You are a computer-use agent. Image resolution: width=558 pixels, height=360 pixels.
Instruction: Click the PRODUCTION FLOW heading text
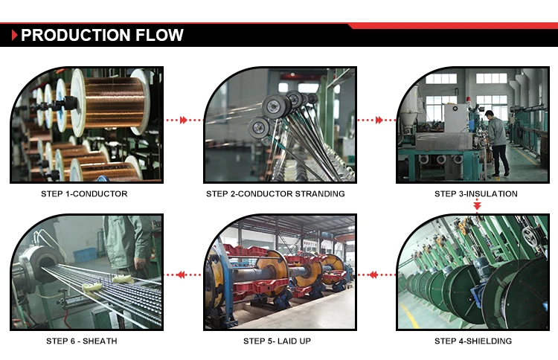[x=102, y=35]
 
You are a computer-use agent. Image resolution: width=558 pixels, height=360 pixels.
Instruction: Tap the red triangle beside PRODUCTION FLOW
[x=15, y=35]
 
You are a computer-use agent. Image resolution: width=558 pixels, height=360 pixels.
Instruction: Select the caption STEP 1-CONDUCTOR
[x=84, y=194]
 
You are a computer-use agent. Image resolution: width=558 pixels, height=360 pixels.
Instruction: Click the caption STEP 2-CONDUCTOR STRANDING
[x=275, y=194]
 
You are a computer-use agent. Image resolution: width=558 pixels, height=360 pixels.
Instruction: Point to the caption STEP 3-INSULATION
[x=476, y=194]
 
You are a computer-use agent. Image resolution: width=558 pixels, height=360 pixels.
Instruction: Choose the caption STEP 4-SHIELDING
[x=473, y=341]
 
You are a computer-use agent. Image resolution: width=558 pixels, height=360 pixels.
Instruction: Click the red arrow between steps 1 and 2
[x=183, y=120]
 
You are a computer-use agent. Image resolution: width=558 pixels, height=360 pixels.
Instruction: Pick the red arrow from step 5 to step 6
[x=184, y=274]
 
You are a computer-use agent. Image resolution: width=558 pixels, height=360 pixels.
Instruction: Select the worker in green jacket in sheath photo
[x=123, y=242]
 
